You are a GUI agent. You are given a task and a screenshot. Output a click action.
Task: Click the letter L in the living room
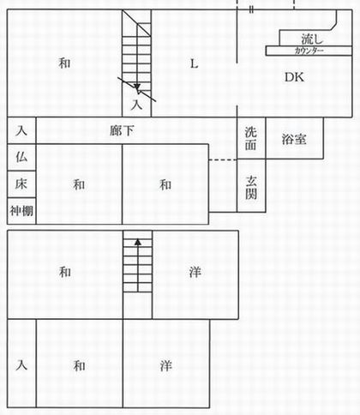click(194, 63)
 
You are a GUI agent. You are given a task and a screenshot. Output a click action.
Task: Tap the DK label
click(294, 77)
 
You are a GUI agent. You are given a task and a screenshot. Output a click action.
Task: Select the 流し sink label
click(312, 39)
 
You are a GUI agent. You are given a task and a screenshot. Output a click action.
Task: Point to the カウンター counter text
click(309, 51)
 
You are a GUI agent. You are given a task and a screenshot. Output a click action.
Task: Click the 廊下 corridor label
click(122, 131)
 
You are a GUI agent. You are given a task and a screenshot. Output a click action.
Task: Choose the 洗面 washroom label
click(250, 138)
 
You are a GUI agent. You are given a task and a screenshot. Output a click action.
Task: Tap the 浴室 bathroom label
click(294, 139)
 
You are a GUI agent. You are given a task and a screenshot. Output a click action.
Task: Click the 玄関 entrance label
click(251, 187)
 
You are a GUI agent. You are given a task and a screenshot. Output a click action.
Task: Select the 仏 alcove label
click(21, 157)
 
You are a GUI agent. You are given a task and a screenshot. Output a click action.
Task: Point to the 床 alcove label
click(21, 183)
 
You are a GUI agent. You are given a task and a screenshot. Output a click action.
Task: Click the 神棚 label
click(21, 211)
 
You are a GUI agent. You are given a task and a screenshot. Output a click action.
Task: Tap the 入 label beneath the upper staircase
click(136, 105)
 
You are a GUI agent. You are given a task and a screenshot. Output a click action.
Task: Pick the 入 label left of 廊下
click(21, 131)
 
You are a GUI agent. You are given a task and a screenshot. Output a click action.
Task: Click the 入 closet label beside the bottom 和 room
click(21, 365)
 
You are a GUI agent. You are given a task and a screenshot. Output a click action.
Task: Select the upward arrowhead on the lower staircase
click(138, 242)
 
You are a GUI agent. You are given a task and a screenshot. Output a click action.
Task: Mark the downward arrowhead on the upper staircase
click(137, 87)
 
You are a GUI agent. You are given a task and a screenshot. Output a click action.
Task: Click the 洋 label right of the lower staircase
click(195, 272)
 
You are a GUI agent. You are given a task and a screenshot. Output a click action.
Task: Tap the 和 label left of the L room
click(64, 63)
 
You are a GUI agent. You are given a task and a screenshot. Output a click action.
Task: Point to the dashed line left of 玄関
click(223, 160)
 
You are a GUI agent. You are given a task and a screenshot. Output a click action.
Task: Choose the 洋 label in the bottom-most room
click(165, 366)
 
